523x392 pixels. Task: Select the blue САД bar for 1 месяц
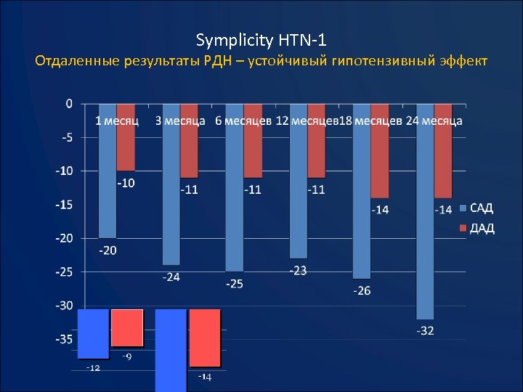pos(107,181)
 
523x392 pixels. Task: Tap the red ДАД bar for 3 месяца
pos(189,152)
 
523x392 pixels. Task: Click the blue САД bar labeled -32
pos(426,225)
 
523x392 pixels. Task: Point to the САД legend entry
pos(477,208)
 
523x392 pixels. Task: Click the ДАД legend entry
pos(477,229)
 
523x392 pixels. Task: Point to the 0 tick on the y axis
pos(69,103)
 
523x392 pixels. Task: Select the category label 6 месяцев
pos(243,121)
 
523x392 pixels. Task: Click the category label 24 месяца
pos(434,121)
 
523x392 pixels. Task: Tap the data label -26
pos(362,290)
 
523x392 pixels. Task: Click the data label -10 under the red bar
pos(126,183)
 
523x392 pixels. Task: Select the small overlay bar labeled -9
pos(127,327)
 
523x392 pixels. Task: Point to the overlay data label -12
pos(93,368)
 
